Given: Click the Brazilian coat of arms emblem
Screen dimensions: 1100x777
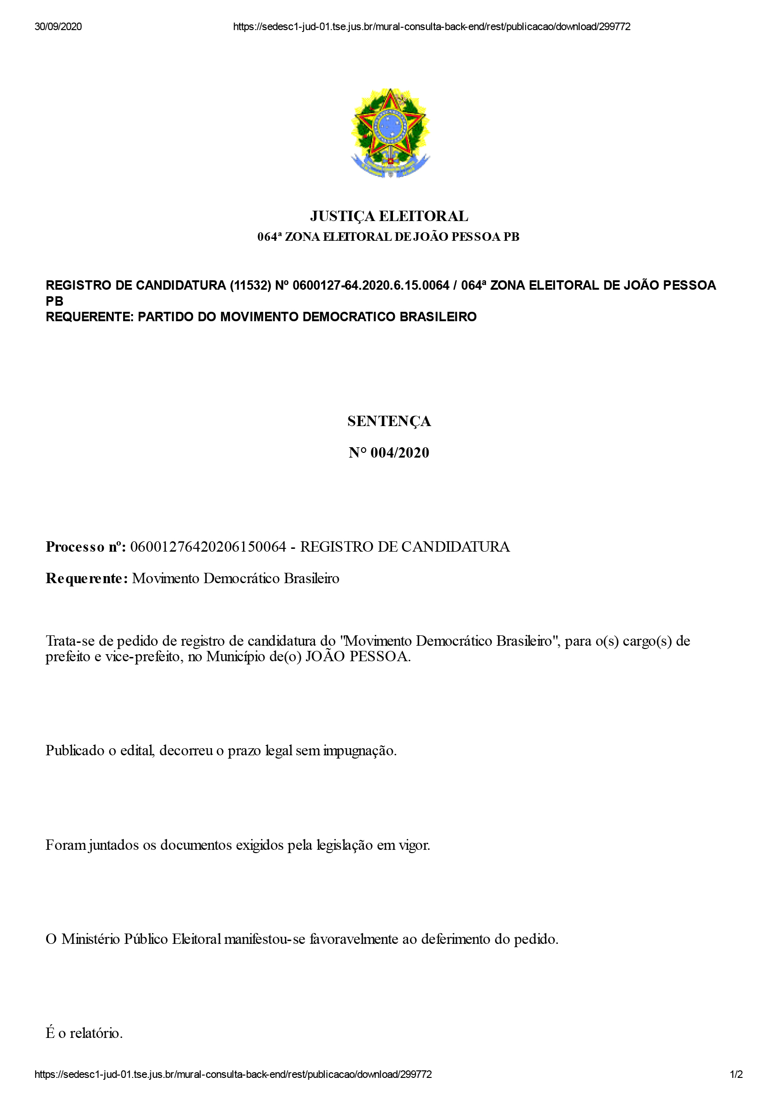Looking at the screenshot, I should (x=390, y=133).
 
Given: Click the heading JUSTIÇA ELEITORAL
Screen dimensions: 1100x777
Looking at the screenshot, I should (x=389, y=216).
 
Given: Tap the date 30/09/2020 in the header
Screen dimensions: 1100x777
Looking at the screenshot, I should (x=58, y=27).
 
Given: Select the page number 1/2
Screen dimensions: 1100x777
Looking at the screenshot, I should (x=736, y=1075).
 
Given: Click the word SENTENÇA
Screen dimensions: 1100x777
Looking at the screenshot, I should (x=389, y=421).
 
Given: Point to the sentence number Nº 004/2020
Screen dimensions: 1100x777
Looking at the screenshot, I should (x=389, y=453).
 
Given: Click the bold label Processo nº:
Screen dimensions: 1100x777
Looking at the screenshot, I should (x=86, y=546).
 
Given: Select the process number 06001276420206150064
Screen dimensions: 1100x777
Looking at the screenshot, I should (x=208, y=546).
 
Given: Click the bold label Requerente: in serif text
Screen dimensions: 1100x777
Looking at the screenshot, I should (x=86, y=578).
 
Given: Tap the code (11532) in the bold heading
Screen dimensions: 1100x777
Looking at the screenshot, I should (x=251, y=285).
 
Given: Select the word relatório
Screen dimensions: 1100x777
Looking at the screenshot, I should (x=96, y=1033).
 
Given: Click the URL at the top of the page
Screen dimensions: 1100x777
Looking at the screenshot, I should (x=432, y=27).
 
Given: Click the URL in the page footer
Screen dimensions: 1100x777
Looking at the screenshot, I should (x=233, y=1075).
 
